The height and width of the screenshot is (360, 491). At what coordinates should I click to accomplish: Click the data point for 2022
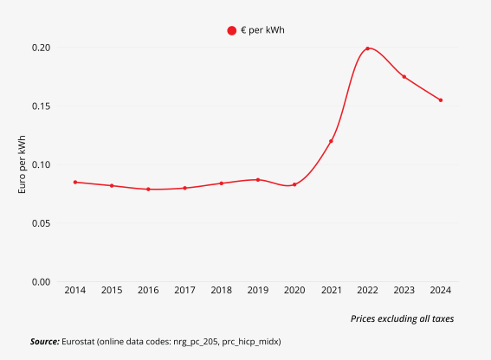coord(367,48)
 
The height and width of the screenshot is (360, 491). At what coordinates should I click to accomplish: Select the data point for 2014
coord(75,183)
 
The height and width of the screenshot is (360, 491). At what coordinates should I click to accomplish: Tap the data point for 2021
coord(331,141)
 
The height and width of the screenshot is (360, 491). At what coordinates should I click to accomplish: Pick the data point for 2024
coord(440,100)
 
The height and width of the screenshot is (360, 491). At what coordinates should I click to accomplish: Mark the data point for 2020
coord(294,184)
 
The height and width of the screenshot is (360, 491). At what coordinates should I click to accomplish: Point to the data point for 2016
coord(148,189)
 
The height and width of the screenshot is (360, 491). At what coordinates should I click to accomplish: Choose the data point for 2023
coord(404,77)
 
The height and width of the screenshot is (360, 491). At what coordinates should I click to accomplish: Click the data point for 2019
coord(258,180)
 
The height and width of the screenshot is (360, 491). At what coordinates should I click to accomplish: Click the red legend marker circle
coord(232,30)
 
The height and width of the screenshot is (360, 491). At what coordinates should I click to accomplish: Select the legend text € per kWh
coord(263,30)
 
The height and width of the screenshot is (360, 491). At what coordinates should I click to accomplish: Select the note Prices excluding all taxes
coord(402,318)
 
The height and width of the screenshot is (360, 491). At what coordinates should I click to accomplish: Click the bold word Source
coord(44,342)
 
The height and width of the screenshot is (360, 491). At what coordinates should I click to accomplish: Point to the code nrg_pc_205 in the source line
coord(194,342)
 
